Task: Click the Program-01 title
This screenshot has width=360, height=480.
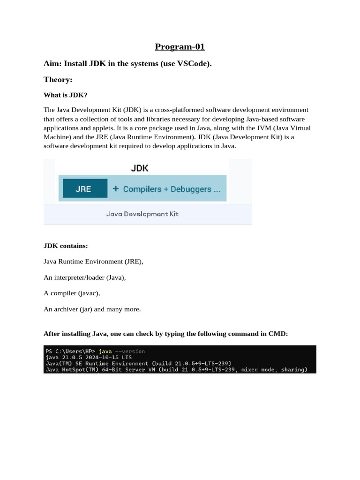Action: pyautogui.click(x=180, y=47)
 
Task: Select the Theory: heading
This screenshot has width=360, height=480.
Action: pyautogui.click(x=58, y=80)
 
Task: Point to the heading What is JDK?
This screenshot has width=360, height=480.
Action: pyautogui.click(x=66, y=95)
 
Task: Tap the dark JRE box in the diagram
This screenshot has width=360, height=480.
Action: pyautogui.click(x=83, y=189)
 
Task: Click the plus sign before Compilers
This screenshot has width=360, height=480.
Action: pyautogui.click(x=115, y=189)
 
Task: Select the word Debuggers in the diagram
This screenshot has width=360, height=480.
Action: pyautogui.click(x=191, y=189)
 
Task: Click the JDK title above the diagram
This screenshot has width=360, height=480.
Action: pyautogui.click(x=140, y=168)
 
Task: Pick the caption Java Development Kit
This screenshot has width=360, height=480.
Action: pyautogui.click(x=142, y=214)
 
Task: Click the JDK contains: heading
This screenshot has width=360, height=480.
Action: pyautogui.click(x=66, y=246)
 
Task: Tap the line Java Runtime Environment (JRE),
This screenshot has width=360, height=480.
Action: pyautogui.click(x=93, y=262)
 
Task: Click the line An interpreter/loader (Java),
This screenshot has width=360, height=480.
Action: pyautogui.click(x=84, y=277)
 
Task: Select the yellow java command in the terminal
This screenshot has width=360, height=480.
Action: pyautogui.click(x=105, y=351)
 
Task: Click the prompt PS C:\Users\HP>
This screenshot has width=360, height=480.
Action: pyautogui.click(x=70, y=351)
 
